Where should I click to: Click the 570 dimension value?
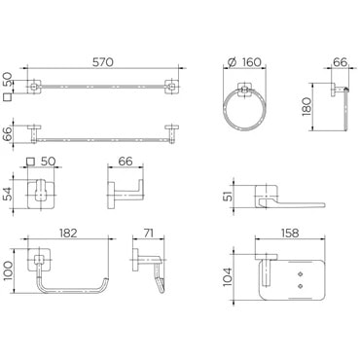pos(103,62)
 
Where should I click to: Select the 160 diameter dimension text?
pos(251,62)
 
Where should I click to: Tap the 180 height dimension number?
pos(306,107)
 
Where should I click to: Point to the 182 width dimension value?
pos(68,234)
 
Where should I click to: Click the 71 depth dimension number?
pos(149,234)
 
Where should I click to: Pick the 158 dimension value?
pos(290,234)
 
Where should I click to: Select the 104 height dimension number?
pos(228,276)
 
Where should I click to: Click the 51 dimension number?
pos(228,196)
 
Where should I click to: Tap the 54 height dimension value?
pos(9,194)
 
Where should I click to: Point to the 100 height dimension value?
pos(9,271)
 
